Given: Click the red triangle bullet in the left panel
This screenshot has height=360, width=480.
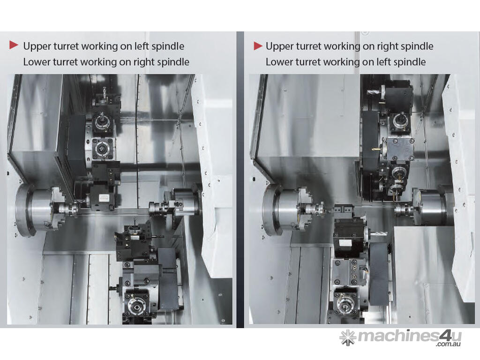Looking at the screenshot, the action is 14,45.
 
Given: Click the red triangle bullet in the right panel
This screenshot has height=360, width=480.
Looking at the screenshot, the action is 258,46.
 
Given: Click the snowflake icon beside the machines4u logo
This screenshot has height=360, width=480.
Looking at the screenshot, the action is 348,337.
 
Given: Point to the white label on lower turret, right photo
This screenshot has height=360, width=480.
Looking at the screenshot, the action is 345,244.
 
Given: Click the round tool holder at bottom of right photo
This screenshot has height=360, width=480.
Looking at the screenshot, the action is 345,304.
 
